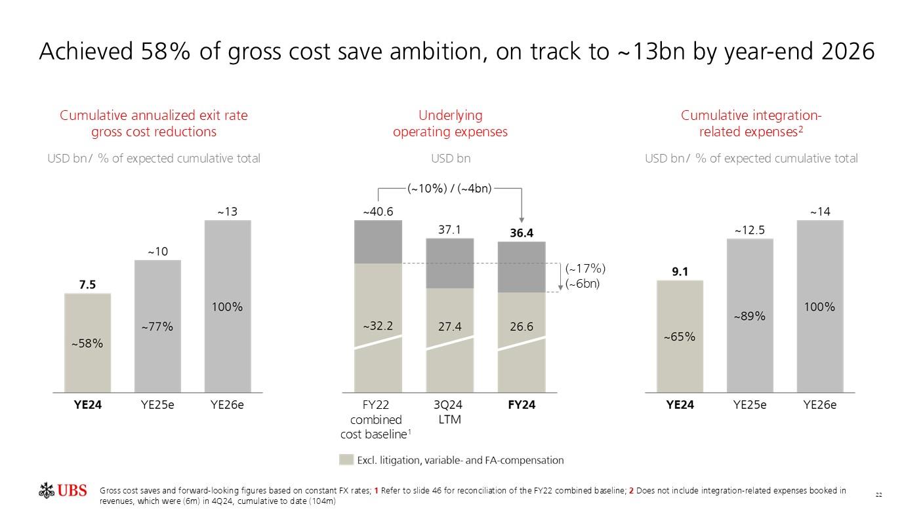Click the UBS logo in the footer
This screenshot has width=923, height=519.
(63, 491)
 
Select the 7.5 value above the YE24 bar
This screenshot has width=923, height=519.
(87, 284)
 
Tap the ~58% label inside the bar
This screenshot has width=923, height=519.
(87, 343)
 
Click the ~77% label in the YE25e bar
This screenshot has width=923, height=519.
(157, 326)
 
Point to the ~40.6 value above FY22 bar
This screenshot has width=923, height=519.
(378, 212)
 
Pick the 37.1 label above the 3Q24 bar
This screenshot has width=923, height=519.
(450, 229)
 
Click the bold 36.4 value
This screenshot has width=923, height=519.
(522, 233)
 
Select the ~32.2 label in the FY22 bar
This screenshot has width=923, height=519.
(378, 326)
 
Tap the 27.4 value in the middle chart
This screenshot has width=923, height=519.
(450, 326)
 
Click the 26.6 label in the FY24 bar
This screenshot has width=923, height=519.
(522, 326)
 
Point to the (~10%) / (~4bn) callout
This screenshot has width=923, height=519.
(449, 189)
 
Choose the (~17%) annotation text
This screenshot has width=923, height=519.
(585, 269)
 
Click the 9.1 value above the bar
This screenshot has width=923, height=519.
(680, 272)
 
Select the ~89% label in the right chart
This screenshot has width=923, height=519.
(750, 317)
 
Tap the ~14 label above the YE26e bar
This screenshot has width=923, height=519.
(820, 212)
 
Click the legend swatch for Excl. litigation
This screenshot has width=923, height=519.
(346, 460)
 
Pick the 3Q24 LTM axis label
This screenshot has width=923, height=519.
(449, 412)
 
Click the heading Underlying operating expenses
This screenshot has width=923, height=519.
(450, 124)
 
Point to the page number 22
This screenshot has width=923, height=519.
(878, 495)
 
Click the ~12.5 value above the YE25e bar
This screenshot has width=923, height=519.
(750, 230)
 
